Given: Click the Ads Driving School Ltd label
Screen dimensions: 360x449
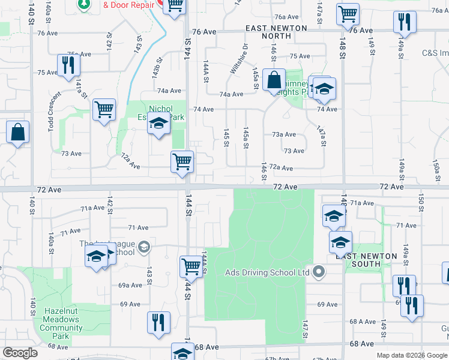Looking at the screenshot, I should click(267, 272).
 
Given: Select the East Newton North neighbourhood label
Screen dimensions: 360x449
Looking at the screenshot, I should click(276, 32).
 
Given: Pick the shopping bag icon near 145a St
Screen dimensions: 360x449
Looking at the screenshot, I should click(274, 80).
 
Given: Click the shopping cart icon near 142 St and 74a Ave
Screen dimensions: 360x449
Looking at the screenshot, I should click(104, 110).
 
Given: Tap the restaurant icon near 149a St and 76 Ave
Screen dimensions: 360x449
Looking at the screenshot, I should click(405, 23).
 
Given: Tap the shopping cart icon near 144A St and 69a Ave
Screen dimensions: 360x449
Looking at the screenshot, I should click(191, 266).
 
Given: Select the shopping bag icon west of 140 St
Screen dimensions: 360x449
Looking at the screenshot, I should click(17, 132).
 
